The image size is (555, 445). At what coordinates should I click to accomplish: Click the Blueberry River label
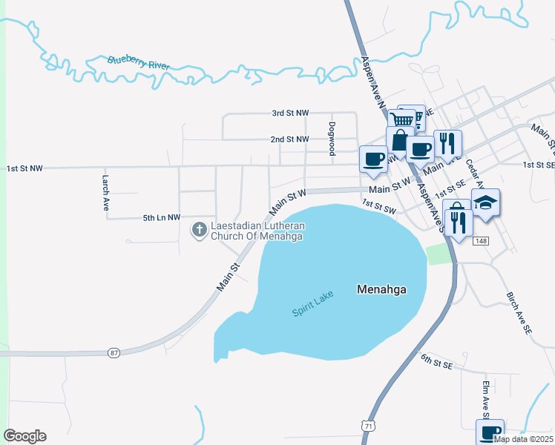(138, 63)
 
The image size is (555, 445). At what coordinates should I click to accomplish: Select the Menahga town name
(381, 289)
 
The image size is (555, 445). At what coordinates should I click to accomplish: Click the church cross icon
(199, 230)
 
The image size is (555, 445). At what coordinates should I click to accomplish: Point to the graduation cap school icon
(485, 202)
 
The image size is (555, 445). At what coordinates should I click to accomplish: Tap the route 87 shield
(113, 352)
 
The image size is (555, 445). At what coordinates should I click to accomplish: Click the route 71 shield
(369, 425)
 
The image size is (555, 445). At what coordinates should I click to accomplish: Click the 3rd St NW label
(289, 113)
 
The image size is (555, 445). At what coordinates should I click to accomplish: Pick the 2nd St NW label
(289, 139)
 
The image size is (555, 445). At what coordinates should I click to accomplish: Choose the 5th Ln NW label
(162, 217)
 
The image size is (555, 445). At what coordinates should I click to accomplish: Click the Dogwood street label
(332, 138)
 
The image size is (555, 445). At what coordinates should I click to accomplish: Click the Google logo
(24, 436)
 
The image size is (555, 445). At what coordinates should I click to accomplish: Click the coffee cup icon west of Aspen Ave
(373, 158)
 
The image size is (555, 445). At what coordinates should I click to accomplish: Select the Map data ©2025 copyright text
(522, 439)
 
